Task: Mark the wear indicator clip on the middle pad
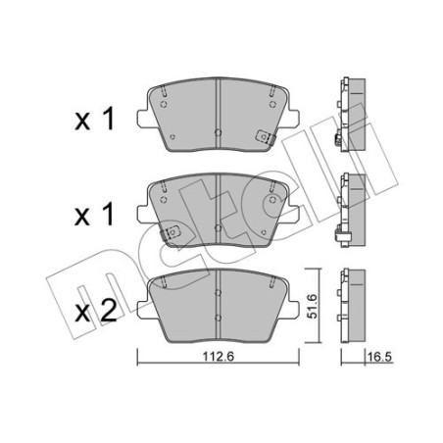pyautogui.click(x=172, y=234)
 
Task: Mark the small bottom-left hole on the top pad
pyautogui.click(x=172, y=137)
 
